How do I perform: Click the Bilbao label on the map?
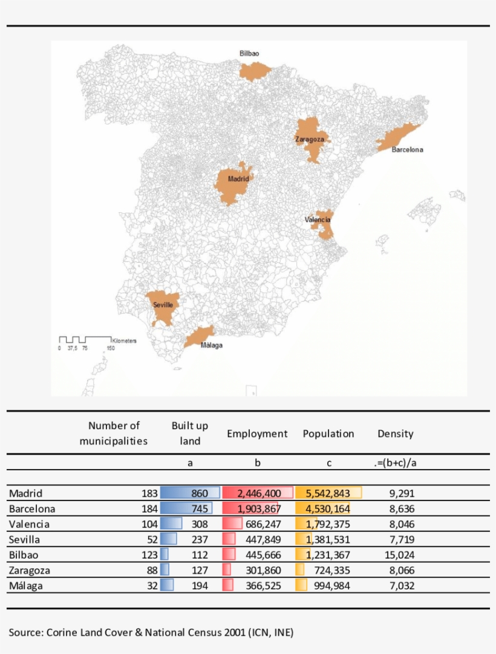(x=249, y=53)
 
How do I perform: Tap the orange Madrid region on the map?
(x=233, y=187)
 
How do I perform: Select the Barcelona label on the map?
(x=407, y=149)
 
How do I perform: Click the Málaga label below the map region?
(x=212, y=345)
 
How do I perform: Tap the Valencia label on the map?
(x=318, y=219)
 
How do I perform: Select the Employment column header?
(x=257, y=433)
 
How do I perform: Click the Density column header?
(x=396, y=433)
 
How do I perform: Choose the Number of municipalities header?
(x=114, y=433)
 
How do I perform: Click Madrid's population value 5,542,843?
(x=328, y=493)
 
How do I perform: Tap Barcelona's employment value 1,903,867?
(x=255, y=509)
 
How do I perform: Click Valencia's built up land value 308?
(x=200, y=524)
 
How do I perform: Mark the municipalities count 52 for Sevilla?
(x=152, y=539)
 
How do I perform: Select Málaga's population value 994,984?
(x=331, y=586)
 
